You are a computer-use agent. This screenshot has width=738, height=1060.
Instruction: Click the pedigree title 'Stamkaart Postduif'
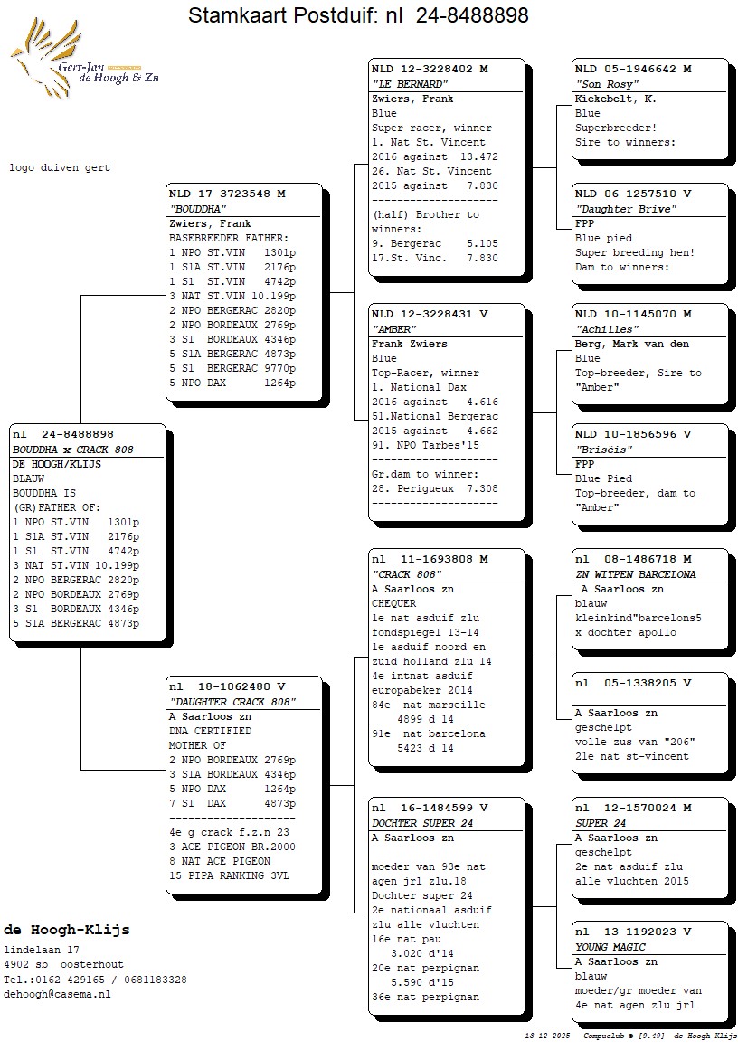click(x=358, y=15)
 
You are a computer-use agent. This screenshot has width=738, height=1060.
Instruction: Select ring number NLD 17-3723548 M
click(x=227, y=194)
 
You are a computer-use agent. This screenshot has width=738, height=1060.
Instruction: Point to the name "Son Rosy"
click(x=601, y=84)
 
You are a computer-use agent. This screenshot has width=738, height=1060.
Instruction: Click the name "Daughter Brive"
click(x=626, y=209)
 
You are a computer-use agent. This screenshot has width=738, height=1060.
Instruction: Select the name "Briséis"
click(x=602, y=450)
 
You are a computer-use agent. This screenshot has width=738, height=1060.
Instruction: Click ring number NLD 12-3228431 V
click(x=430, y=314)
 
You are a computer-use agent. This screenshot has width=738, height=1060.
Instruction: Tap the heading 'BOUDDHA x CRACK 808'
click(x=72, y=450)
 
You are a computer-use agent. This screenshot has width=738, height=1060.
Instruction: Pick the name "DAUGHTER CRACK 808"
click(x=232, y=703)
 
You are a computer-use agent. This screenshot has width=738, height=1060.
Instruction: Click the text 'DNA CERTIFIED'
click(x=210, y=731)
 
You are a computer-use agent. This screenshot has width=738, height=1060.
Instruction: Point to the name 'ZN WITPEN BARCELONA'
click(x=636, y=574)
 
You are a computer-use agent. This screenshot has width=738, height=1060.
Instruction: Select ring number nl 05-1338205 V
click(x=633, y=684)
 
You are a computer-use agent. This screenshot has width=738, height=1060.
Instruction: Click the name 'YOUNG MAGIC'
click(x=610, y=947)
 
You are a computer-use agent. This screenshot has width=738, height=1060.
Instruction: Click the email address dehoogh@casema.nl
click(x=57, y=994)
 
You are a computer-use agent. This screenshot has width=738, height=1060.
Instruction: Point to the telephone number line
click(x=95, y=980)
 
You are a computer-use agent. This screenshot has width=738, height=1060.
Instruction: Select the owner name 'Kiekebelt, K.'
click(x=616, y=99)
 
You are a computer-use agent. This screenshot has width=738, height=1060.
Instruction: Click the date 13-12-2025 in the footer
click(x=547, y=1035)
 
